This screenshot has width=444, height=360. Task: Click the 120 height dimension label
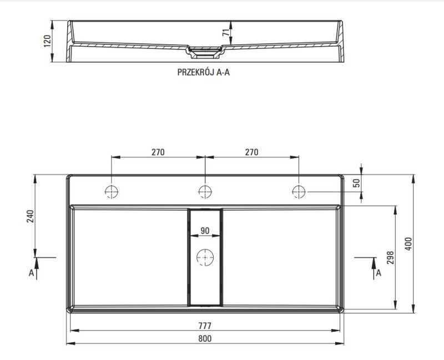[48, 41]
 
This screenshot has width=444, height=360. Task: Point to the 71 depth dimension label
[226, 33]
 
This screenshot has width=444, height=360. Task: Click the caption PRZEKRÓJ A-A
[203, 73]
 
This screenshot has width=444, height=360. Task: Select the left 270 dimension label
[158, 152]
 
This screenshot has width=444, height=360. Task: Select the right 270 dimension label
[251, 152]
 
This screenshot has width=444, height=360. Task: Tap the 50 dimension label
[357, 183]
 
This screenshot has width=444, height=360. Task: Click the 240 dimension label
[31, 216]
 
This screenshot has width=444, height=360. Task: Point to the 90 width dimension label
[205, 231]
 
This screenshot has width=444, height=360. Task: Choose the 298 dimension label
[391, 257]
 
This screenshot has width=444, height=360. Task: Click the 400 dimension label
[408, 244]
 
